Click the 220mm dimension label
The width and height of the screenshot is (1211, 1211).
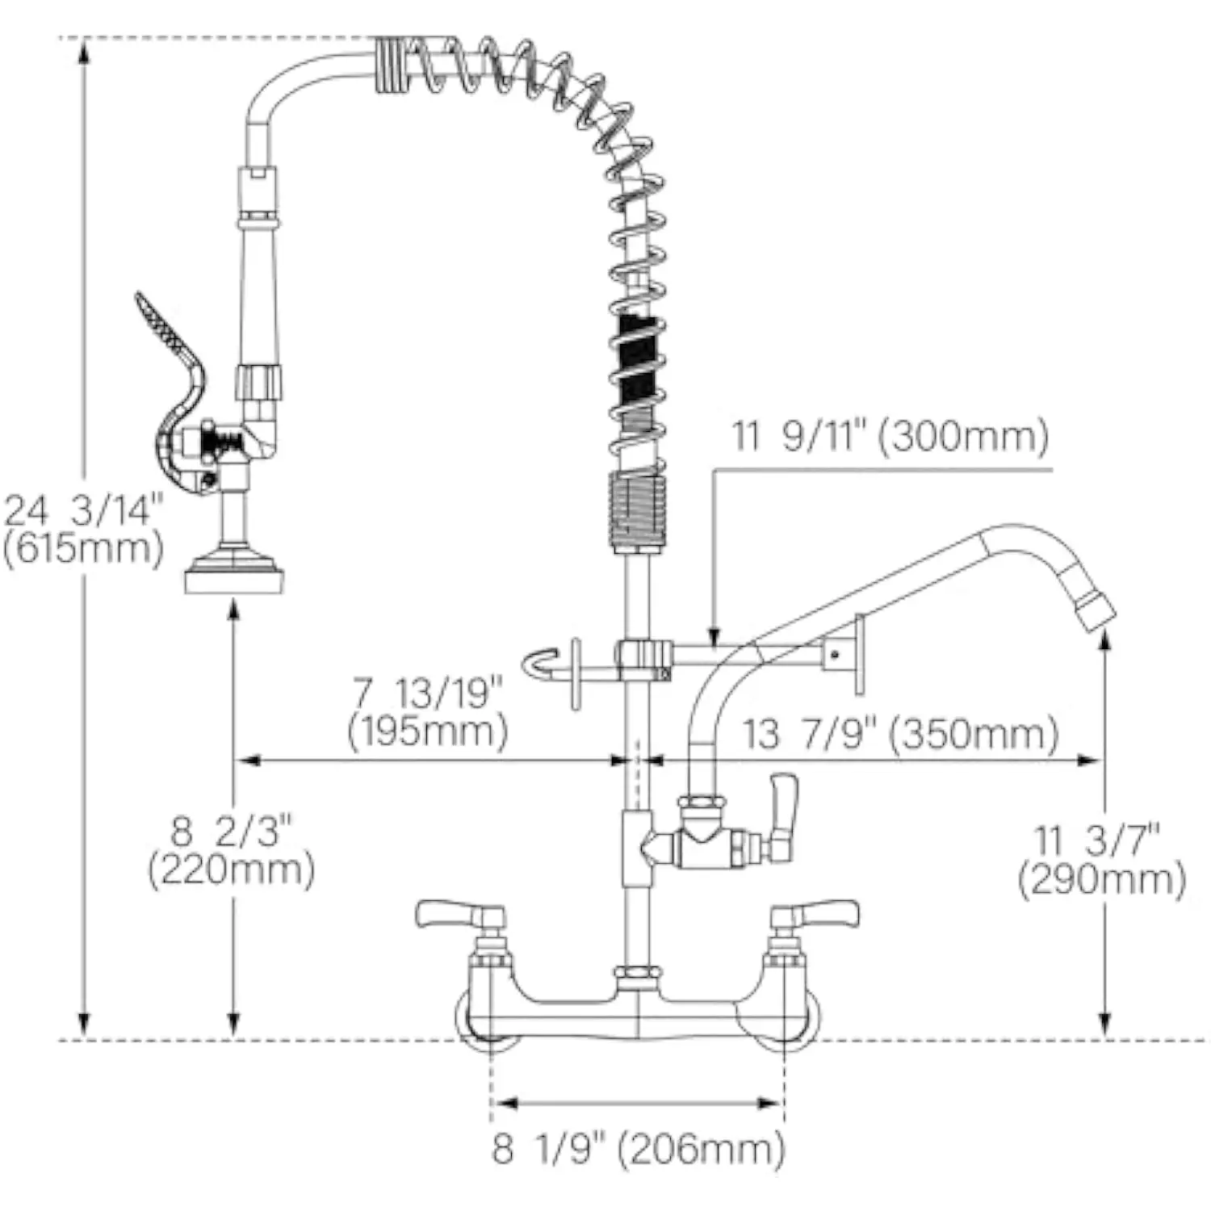[231, 851]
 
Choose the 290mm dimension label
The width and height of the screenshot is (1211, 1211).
[1102, 861]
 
